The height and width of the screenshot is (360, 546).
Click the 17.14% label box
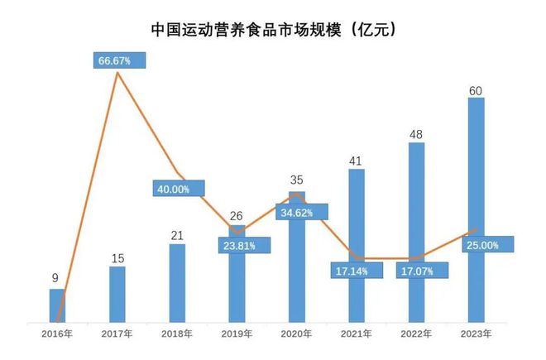point(357,269)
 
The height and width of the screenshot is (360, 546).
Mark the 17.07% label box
point(422,269)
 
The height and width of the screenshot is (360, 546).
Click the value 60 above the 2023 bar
point(476,88)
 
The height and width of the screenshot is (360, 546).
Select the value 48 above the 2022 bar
point(416,132)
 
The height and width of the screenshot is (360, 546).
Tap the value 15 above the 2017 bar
point(117,257)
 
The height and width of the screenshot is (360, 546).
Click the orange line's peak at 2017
point(117,73)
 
